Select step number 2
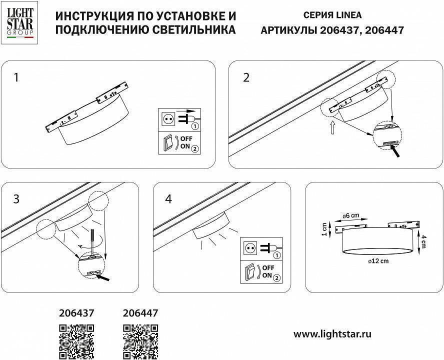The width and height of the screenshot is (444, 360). (246, 77)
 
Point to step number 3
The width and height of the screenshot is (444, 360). (16, 198)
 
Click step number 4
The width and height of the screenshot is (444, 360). (168, 198)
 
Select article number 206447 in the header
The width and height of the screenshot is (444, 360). (384, 30)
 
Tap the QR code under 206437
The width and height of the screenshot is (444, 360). (76, 341)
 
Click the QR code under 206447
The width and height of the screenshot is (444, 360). (140, 341)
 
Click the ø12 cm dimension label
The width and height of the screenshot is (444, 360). (378, 261)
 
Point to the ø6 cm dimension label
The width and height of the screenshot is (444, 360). (351, 215)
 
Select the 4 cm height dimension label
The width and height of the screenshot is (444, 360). (423, 242)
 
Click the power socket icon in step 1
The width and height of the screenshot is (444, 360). (168, 119)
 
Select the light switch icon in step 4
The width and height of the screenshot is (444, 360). (249, 272)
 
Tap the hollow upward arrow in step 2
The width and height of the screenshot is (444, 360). (332, 129)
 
